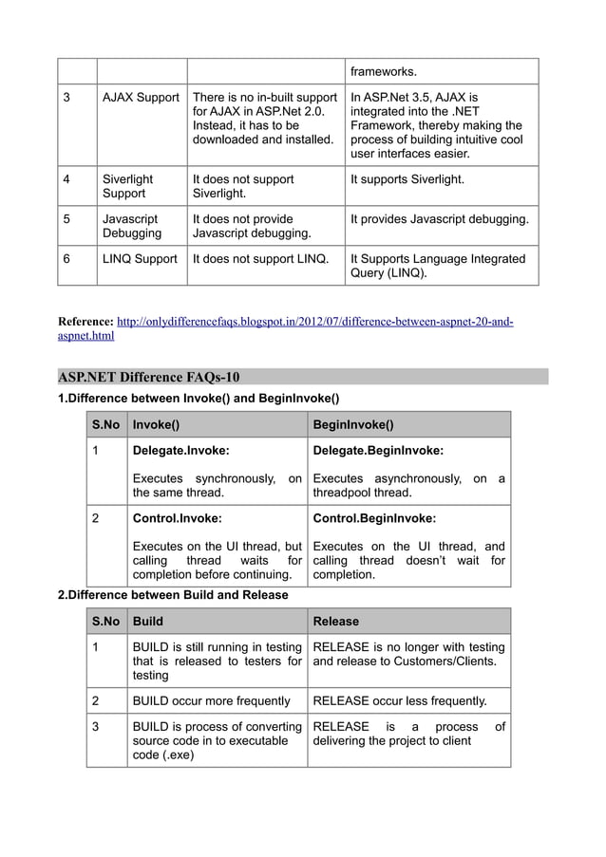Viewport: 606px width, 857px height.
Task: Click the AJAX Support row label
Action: coord(141,98)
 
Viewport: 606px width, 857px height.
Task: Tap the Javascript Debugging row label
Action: coord(132,226)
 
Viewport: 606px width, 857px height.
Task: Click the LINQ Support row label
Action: coord(141,259)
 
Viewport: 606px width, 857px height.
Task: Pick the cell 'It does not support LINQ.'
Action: coord(260,259)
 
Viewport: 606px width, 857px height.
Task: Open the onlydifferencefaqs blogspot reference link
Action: coord(313,322)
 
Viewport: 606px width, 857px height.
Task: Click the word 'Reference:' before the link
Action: coord(85,322)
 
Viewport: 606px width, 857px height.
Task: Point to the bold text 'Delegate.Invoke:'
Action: coord(180,451)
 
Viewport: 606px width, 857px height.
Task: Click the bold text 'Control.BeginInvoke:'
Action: coord(374,519)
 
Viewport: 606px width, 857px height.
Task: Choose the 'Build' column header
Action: coord(147,622)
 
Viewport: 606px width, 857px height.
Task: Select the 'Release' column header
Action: coord(336,622)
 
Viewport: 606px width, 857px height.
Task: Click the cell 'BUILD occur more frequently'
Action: coord(211,701)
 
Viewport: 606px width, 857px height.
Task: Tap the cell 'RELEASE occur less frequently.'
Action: coord(399,701)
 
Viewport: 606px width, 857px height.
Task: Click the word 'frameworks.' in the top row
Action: coord(384,71)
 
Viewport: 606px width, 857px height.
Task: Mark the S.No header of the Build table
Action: coord(105,622)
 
